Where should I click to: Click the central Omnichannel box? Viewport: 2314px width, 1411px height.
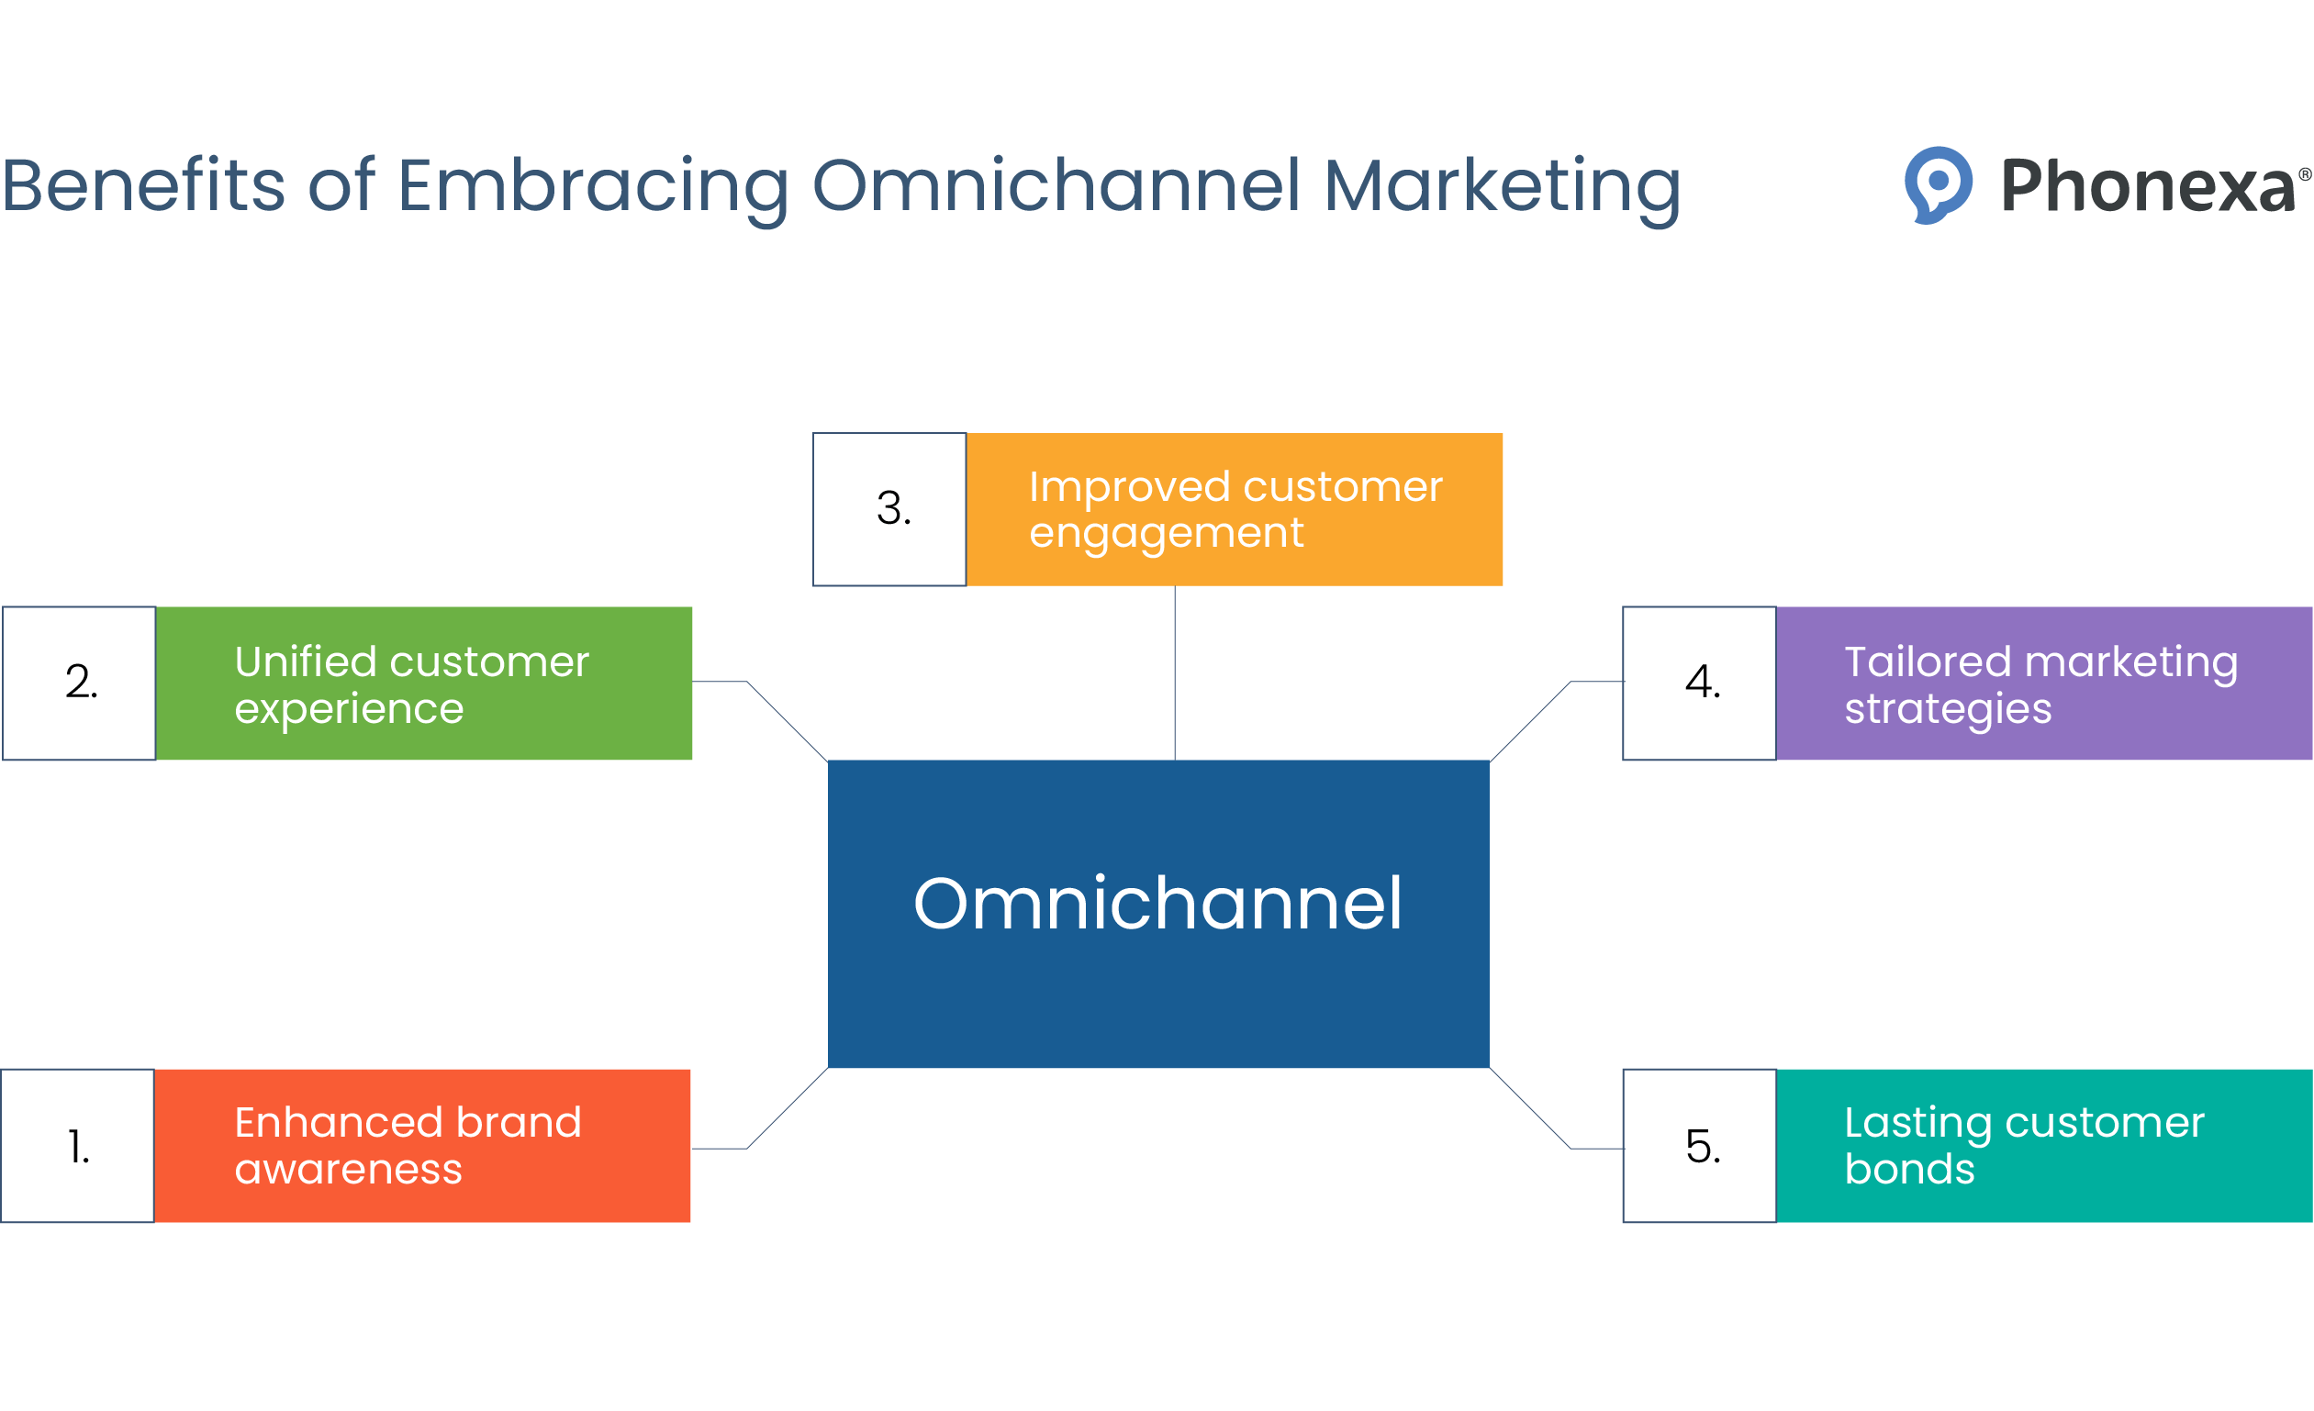coord(1158,913)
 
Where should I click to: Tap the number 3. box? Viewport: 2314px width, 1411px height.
coord(889,509)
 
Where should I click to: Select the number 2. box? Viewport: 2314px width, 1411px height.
coord(79,683)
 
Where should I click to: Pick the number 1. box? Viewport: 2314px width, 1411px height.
coord(77,1145)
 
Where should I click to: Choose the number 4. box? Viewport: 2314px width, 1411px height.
coord(1699,683)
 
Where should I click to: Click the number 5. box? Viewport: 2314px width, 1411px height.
coord(1699,1145)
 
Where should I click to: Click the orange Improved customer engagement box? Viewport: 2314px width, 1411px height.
coord(1234,509)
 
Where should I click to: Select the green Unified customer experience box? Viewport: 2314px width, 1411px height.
coord(423,683)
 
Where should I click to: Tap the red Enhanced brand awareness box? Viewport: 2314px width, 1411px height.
coord(421,1145)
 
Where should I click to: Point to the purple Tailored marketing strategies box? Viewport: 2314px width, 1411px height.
coord(2043,683)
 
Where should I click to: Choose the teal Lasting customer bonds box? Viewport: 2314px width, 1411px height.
coord(2043,1145)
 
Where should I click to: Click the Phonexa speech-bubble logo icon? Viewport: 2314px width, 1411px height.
coord(1937,183)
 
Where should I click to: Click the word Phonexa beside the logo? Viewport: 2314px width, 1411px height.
coord(2147,185)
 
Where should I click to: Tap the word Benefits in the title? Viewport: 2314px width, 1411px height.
coord(143,185)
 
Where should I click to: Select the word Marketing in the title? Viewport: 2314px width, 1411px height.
coord(1501,185)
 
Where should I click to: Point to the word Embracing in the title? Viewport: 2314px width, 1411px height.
coord(593,185)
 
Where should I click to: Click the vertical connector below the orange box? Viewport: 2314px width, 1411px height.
coord(1175,672)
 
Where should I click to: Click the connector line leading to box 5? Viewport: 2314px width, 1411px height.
coord(1531,1107)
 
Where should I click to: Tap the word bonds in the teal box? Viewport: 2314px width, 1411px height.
coord(1909,1169)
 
